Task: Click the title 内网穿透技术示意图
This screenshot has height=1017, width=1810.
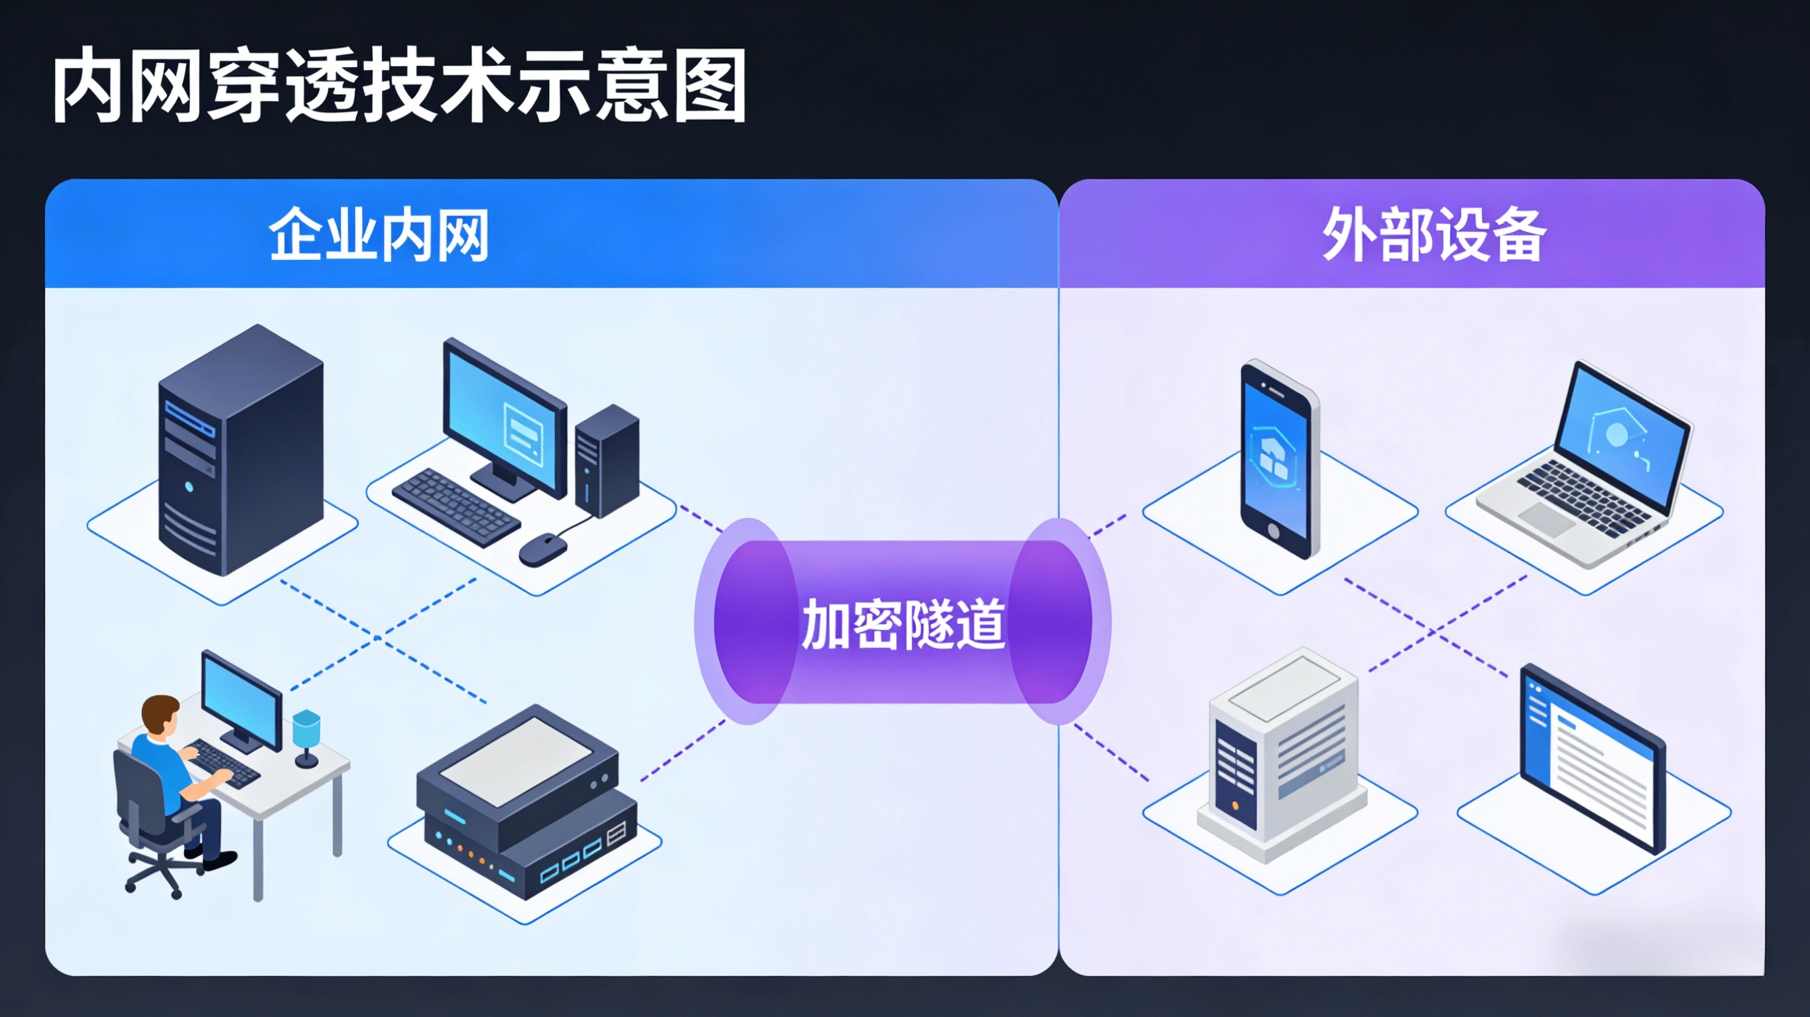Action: pos(399,85)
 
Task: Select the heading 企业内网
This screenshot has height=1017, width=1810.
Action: pos(379,235)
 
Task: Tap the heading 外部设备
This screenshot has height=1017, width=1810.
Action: pos(1433,235)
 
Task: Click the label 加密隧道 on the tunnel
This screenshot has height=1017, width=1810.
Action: pos(904,623)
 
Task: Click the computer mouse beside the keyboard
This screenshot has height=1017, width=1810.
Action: pos(542,549)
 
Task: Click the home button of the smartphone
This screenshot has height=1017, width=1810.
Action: pos(1272,530)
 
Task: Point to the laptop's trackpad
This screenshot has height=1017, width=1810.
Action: pos(1546,518)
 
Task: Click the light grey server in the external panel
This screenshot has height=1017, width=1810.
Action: pos(1282,755)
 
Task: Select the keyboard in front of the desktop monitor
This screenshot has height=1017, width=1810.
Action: pos(455,506)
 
